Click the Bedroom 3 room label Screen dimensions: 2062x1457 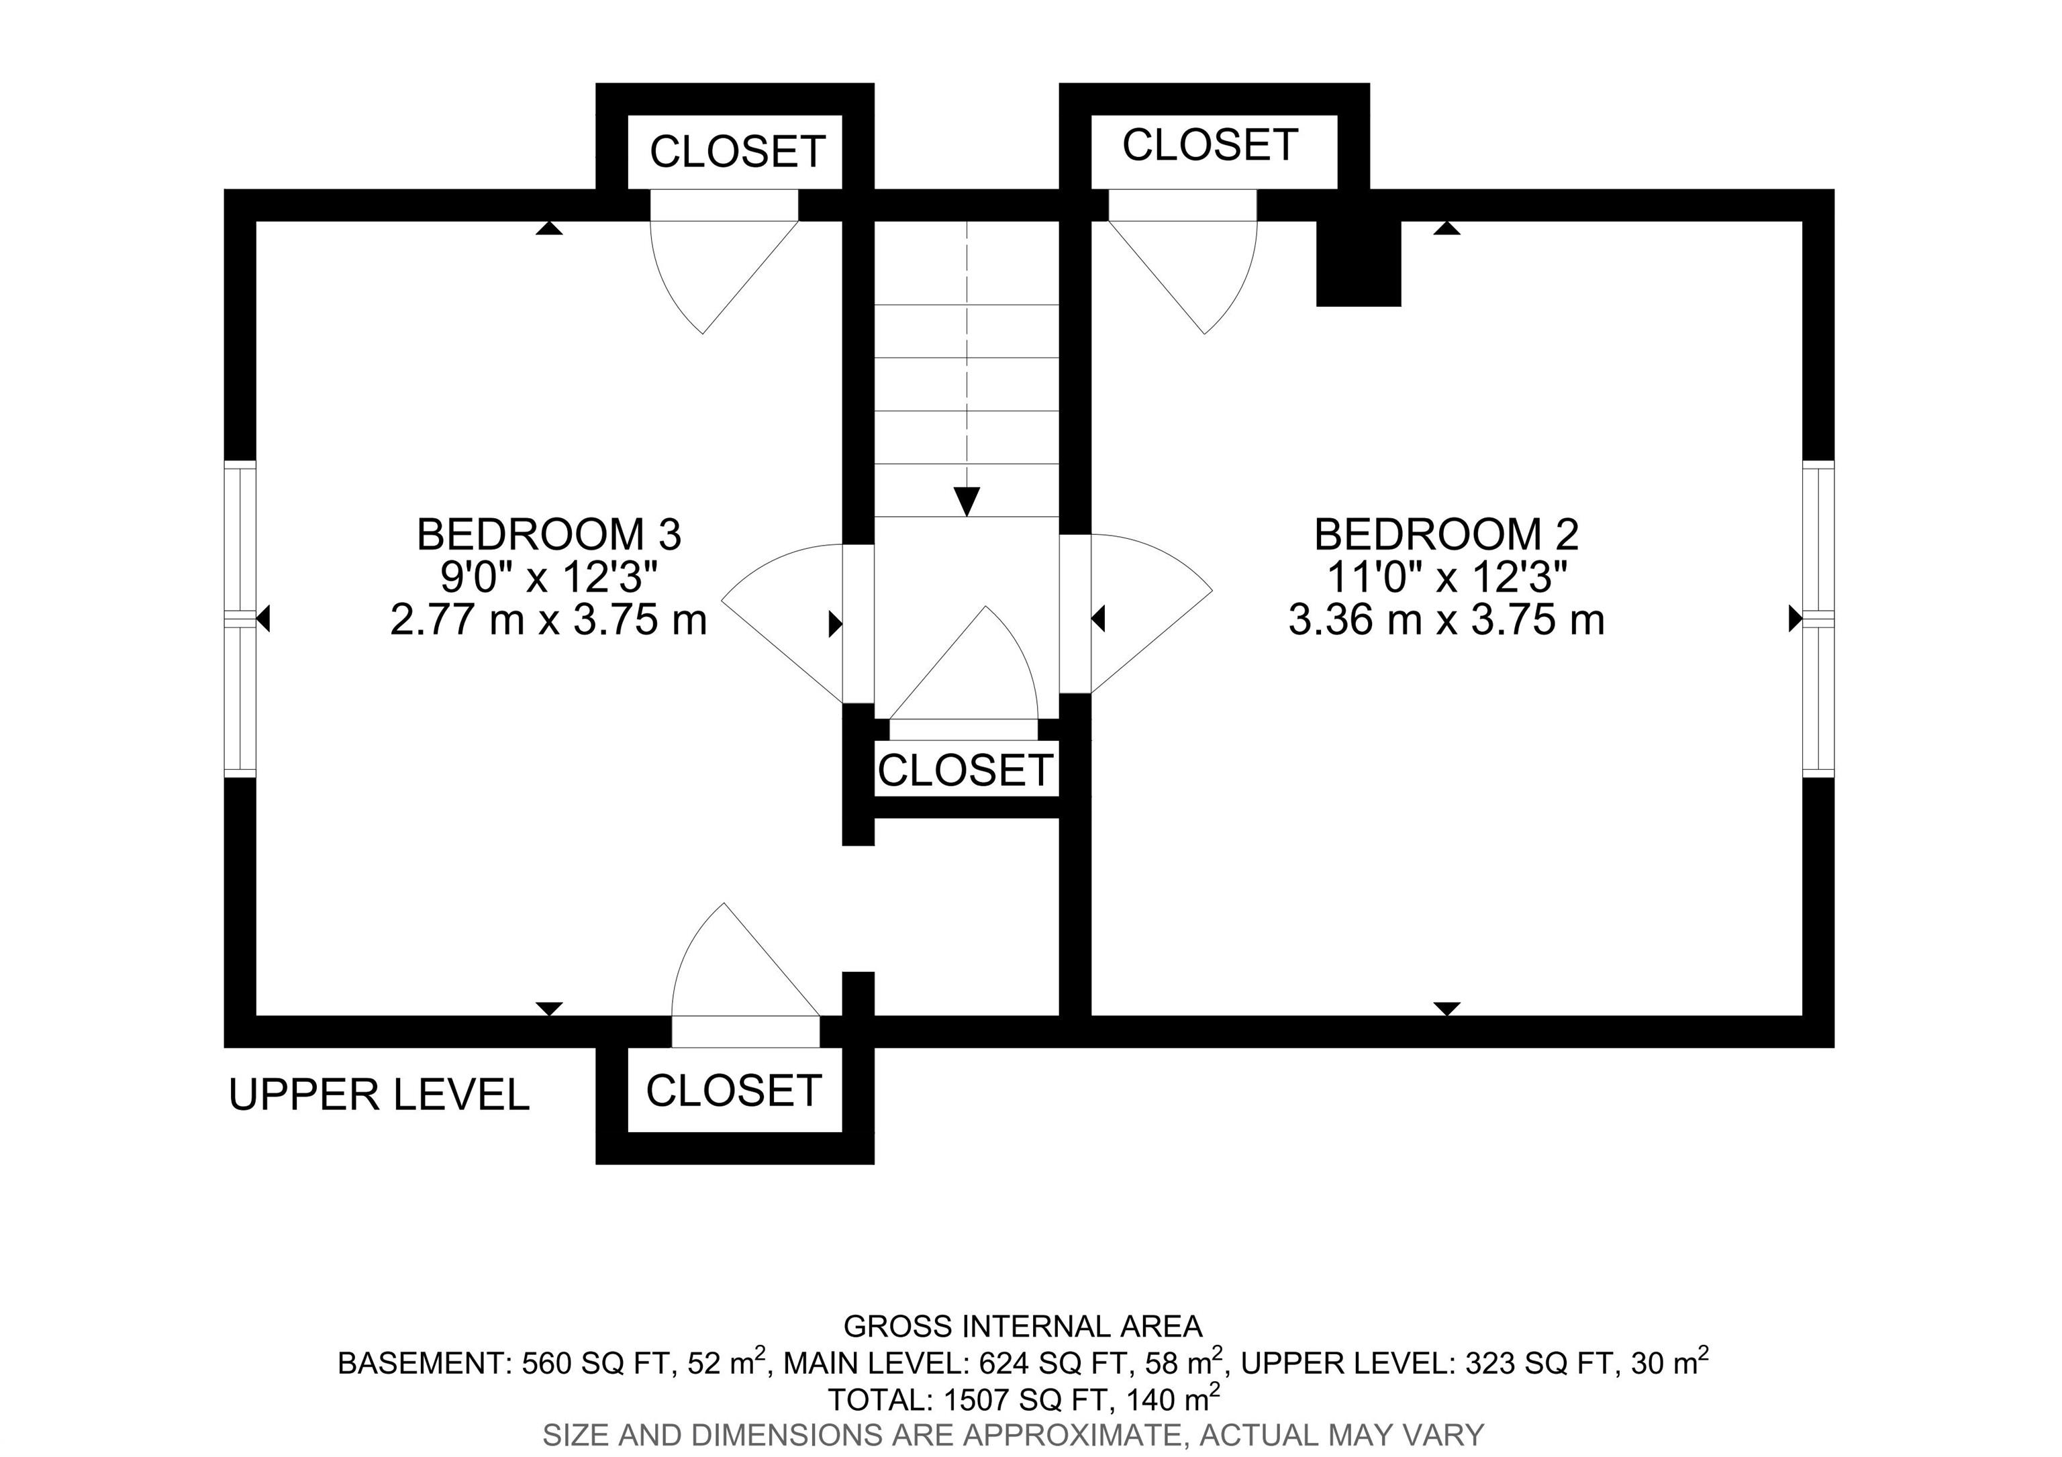pyautogui.click(x=549, y=535)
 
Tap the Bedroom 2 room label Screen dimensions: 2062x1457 pyautogui.click(x=1446, y=535)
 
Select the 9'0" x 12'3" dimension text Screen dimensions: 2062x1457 pyautogui.click(x=550, y=577)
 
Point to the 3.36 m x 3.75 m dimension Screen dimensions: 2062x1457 pyautogui.click(x=1446, y=620)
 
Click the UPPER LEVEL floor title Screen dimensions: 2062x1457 pyautogui.click(x=379, y=1095)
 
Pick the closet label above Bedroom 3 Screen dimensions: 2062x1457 pyautogui.click(x=737, y=152)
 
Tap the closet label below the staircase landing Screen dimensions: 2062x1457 pyautogui.click(x=965, y=770)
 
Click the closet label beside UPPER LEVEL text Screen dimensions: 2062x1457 pyautogui.click(x=734, y=1091)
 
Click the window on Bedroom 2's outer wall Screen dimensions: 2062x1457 pyautogui.click(x=1818, y=619)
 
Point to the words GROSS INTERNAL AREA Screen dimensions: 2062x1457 pyautogui.click(x=1023, y=1326)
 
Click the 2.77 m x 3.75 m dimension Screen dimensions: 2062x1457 pyautogui.click(x=549, y=620)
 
